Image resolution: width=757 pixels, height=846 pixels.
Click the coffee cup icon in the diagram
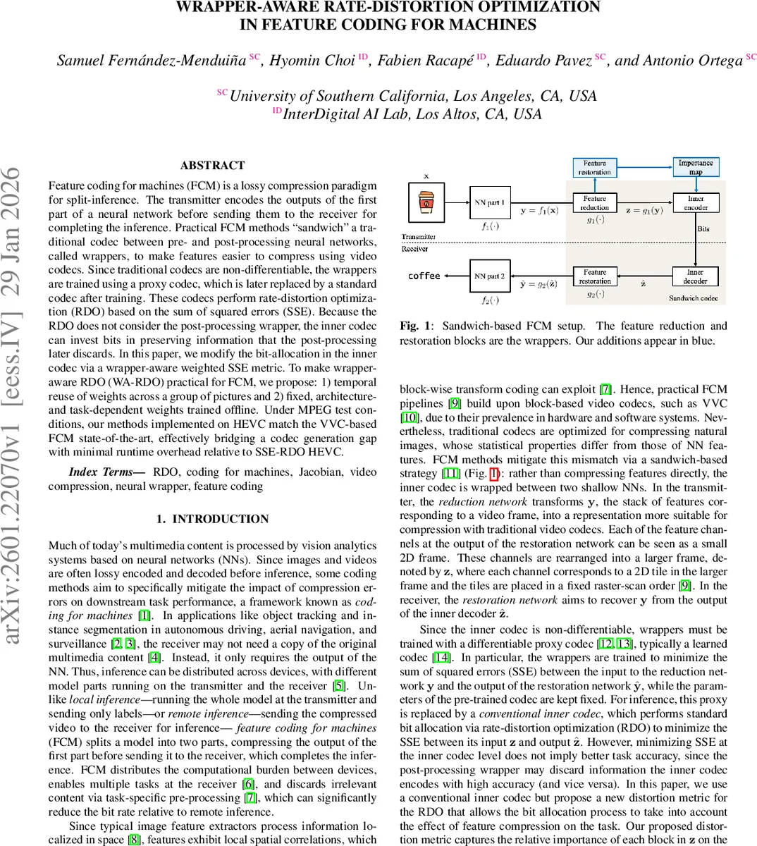point(426,203)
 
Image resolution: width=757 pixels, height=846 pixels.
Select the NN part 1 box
point(489,203)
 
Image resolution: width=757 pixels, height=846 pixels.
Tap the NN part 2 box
point(489,276)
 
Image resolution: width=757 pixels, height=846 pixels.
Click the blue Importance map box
point(695,167)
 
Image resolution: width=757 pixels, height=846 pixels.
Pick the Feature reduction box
point(594,203)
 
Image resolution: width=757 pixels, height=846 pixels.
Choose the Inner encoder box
point(696,203)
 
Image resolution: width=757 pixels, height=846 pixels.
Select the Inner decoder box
point(695,276)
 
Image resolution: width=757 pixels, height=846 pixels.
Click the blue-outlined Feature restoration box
point(594,167)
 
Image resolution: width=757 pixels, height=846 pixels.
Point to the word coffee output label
point(424,276)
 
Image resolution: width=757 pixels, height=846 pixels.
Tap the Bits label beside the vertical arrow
point(703,229)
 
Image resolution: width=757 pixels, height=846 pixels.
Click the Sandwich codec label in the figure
point(693,298)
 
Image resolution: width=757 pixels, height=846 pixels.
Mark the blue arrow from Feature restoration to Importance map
point(644,167)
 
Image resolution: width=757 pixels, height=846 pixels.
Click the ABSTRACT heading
point(212,166)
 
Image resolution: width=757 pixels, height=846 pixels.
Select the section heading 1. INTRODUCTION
point(212,519)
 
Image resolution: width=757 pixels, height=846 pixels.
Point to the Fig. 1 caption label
point(410,326)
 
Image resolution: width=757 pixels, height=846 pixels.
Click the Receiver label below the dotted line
point(414,249)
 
